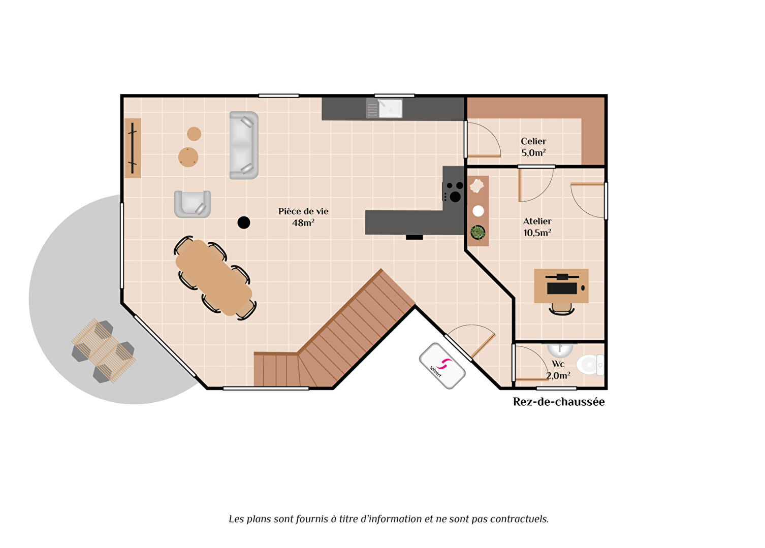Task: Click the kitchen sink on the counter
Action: pos(384,108)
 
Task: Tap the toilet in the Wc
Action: pos(590,365)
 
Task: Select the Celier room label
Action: pos(533,141)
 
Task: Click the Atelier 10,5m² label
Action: pos(537,227)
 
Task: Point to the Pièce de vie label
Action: pos(303,211)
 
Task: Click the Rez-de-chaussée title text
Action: pos(559,402)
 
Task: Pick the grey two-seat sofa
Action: pos(243,145)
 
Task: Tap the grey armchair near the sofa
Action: pos(193,204)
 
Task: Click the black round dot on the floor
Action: pos(243,222)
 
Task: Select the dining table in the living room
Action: pos(214,278)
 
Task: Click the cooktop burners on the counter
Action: pos(453,191)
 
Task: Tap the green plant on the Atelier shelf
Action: pos(478,232)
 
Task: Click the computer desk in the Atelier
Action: pos(561,286)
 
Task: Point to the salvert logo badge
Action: pos(442,366)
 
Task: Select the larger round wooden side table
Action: pos(188,157)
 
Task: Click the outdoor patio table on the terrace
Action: pos(104,350)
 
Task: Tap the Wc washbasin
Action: pos(560,349)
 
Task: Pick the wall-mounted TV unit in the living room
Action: pos(133,148)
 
